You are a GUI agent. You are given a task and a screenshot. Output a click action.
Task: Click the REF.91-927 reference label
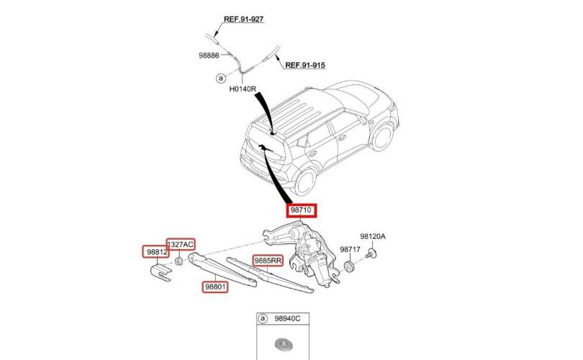pyautogui.click(x=243, y=19)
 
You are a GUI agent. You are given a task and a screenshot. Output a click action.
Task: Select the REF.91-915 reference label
pyautogui.click(x=305, y=66)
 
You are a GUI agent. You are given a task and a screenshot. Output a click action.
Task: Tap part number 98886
pyautogui.click(x=209, y=55)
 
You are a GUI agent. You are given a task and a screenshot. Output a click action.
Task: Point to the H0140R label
pyautogui.click(x=243, y=89)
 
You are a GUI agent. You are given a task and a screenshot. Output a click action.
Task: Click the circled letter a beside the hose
pyautogui.click(x=221, y=78)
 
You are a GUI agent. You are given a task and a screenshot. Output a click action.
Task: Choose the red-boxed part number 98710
pyautogui.click(x=301, y=210)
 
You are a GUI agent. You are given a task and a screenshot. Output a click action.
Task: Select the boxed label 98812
pyautogui.click(x=156, y=252)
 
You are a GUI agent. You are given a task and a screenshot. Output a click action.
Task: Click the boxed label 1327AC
pyautogui.click(x=181, y=244)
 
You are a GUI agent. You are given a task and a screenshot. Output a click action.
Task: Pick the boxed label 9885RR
pyautogui.click(x=268, y=261)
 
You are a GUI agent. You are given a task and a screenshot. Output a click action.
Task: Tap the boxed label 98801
pyautogui.click(x=215, y=287)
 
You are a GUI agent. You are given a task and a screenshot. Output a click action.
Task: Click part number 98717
pyautogui.click(x=350, y=250)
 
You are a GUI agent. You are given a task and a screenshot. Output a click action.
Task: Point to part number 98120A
pyautogui.click(x=373, y=236)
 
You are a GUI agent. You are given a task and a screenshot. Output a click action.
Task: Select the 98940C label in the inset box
pyautogui.click(x=287, y=319)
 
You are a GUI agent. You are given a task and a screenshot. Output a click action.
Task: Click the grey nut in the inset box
pyautogui.click(x=282, y=344)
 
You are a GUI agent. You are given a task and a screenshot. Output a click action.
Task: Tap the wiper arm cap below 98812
pyautogui.click(x=161, y=273)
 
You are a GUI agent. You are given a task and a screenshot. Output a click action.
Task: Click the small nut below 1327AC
pyautogui.click(x=178, y=261)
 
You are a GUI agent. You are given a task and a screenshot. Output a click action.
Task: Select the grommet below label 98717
pyautogui.click(x=349, y=266)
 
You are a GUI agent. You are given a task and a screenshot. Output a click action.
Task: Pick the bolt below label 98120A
pyautogui.click(x=371, y=254)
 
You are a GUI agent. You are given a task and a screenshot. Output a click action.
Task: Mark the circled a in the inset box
pyautogui.click(x=263, y=319)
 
